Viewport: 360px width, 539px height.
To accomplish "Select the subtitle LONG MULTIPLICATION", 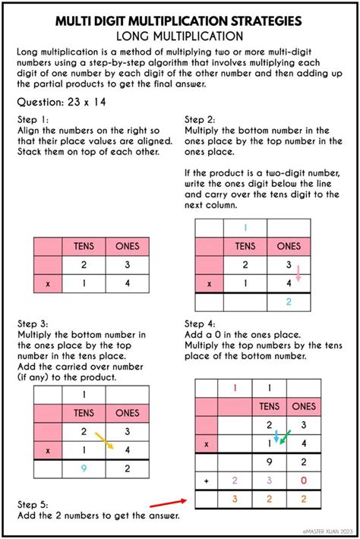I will [180, 35].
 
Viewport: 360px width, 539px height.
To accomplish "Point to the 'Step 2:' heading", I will [201, 120].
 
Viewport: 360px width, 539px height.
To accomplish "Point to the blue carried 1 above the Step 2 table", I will [245, 228].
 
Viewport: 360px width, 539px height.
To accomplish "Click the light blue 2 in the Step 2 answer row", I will [289, 302].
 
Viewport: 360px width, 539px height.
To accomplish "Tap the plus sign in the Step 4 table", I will [205, 481].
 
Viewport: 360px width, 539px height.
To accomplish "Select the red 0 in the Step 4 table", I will [303, 481].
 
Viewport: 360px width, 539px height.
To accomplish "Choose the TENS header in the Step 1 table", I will [84, 246].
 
